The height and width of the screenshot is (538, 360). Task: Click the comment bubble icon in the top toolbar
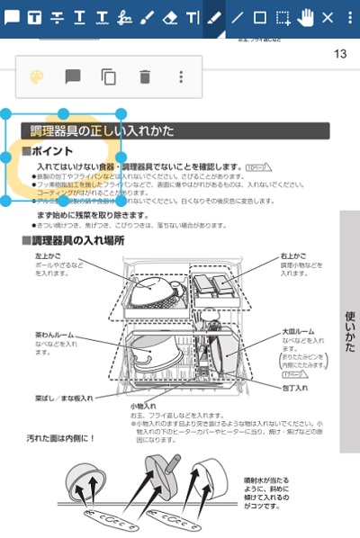pyautogui.click(x=12, y=17)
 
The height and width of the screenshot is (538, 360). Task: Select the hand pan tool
pyautogui.click(x=306, y=17)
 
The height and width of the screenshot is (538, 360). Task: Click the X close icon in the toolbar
pyautogui.click(x=328, y=17)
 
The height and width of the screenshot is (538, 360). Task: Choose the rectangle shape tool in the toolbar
pyautogui.click(x=260, y=17)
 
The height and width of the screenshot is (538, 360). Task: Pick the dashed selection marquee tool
pyautogui.click(x=283, y=17)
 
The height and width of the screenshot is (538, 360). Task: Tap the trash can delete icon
pyautogui.click(x=145, y=76)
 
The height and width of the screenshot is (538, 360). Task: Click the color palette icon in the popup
pyautogui.click(x=37, y=76)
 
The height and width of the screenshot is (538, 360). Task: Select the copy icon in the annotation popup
pyautogui.click(x=109, y=76)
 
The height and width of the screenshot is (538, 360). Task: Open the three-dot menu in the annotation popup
pyautogui.click(x=181, y=76)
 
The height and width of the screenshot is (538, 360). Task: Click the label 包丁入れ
pyautogui.click(x=294, y=387)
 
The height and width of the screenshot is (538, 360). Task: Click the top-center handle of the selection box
pyautogui.click(x=65, y=114)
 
